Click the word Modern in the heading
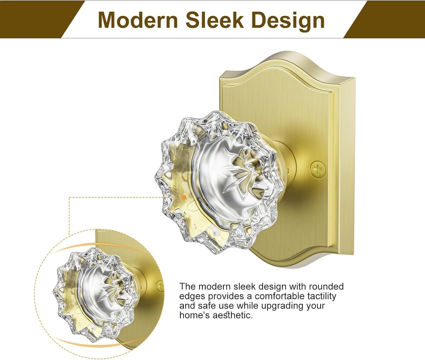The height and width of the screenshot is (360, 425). (x=138, y=20)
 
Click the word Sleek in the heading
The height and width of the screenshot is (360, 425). (x=214, y=20)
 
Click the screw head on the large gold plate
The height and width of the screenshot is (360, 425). (x=318, y=170)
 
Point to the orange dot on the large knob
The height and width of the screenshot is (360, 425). (x=184, y=197)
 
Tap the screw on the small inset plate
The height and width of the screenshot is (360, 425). (x=160, y=286)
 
